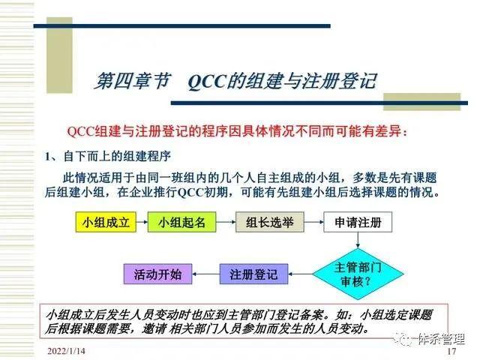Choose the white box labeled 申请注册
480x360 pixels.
point(358,223)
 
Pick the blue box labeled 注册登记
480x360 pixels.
point(253,274)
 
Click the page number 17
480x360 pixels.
point(451,351)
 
